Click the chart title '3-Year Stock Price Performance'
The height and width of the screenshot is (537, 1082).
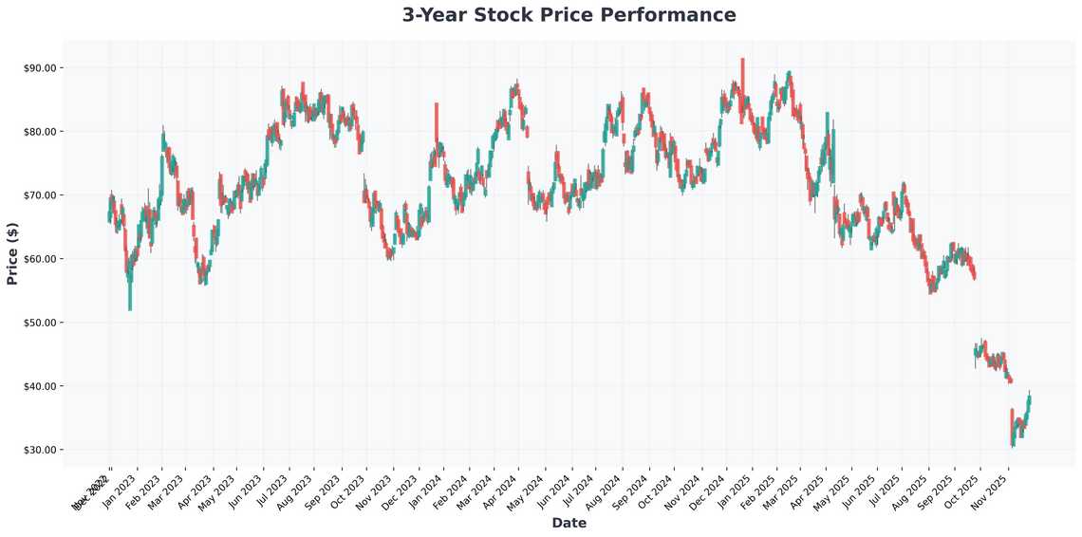tap(569, 15)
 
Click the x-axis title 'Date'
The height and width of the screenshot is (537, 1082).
tap(569, 523)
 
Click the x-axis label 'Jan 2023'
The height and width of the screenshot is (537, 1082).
tap(121, 488)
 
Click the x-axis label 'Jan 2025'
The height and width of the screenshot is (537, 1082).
tap(735, 488)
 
